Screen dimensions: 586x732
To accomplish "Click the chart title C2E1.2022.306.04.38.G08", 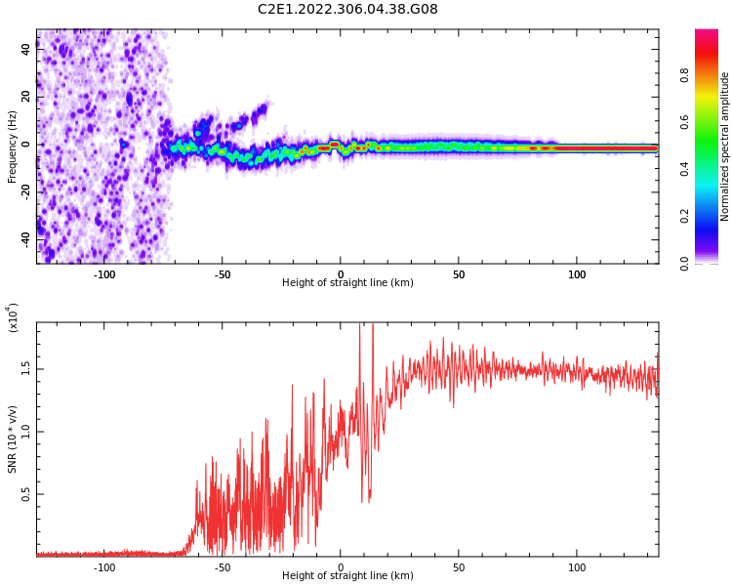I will (x=347, y=10).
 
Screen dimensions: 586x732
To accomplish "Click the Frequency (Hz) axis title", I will (x=13, y=146).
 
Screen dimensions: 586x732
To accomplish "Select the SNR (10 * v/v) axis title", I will (x=13, y=439).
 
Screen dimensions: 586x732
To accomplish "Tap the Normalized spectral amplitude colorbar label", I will (x=725, y=146).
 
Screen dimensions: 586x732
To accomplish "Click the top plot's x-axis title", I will (x=347, y=283).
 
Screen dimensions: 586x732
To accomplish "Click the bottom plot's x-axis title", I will (x=347, y=576).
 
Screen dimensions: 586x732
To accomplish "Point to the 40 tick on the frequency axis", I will (x=26, y=51).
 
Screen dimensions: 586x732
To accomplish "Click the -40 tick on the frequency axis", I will (x=26, y=238).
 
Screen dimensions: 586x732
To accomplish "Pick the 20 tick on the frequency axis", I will (x=26, y=98).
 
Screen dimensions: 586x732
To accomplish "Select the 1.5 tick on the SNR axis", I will (x=26, y=368).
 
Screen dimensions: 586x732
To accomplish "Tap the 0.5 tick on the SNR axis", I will (x=26, y=494).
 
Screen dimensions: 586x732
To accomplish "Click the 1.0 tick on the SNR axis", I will (x=26, y=431).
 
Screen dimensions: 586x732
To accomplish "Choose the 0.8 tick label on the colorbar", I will (x=684, y=76).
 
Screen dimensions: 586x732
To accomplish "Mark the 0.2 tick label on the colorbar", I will (x=684, y=216).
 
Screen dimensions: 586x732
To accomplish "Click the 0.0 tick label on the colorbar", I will (x=684, y=263).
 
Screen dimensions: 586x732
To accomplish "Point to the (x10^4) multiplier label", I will (x=13, y=317).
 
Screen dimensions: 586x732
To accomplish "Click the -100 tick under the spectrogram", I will (x=104, y=274).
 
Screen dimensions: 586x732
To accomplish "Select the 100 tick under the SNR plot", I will (x=577, y=567).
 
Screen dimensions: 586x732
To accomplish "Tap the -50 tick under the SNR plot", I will (x=223, y=567).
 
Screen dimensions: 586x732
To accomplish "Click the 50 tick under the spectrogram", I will (x=459, y=274).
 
